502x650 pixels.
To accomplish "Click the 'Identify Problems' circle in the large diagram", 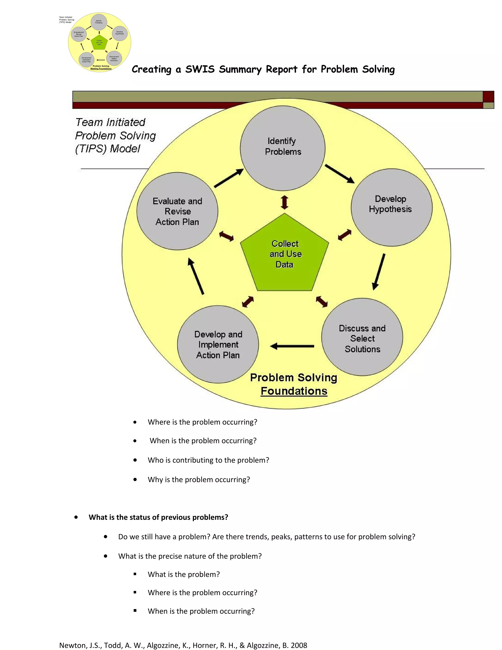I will (x=283, y=148).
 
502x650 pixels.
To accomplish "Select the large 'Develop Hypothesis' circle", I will (x=391, y=208).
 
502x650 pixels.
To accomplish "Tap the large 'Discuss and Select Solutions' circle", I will (x=362, y=337).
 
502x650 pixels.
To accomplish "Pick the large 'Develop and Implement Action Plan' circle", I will (x=218, y=344).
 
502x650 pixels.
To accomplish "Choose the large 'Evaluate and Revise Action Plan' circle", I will (x=177, y=211).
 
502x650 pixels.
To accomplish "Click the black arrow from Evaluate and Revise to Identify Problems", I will (x=229, y=178).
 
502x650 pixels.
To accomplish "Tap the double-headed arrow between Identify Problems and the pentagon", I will (x=285, y=202).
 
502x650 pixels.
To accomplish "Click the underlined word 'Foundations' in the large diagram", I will (x=294, y=391).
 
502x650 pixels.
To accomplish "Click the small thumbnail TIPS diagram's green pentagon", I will (x=99, y=42).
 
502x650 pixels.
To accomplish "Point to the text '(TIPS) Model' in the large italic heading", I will (x=108, y=148).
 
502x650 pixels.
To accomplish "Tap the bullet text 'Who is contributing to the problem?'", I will (x=208, y=460).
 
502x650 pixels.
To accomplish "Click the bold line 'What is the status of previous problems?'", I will (x=158, y=517).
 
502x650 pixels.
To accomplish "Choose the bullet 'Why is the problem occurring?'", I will (x=199, y=480).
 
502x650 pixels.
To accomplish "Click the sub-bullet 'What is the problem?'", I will (x=184, y=574).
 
